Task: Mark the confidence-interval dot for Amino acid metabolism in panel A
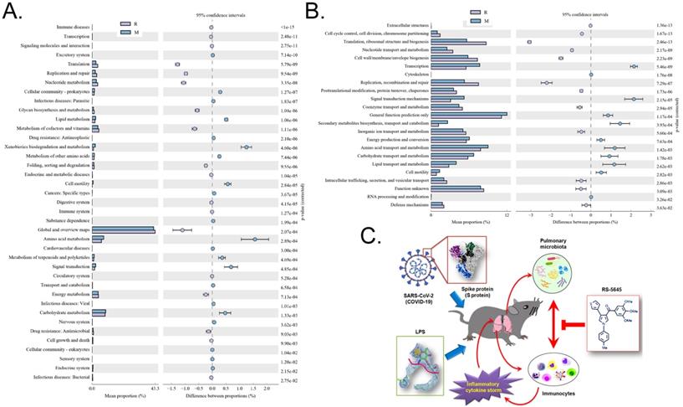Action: click(254, 239)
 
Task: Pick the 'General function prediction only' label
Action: click(394, 115)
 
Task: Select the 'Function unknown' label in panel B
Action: click(408, 189)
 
